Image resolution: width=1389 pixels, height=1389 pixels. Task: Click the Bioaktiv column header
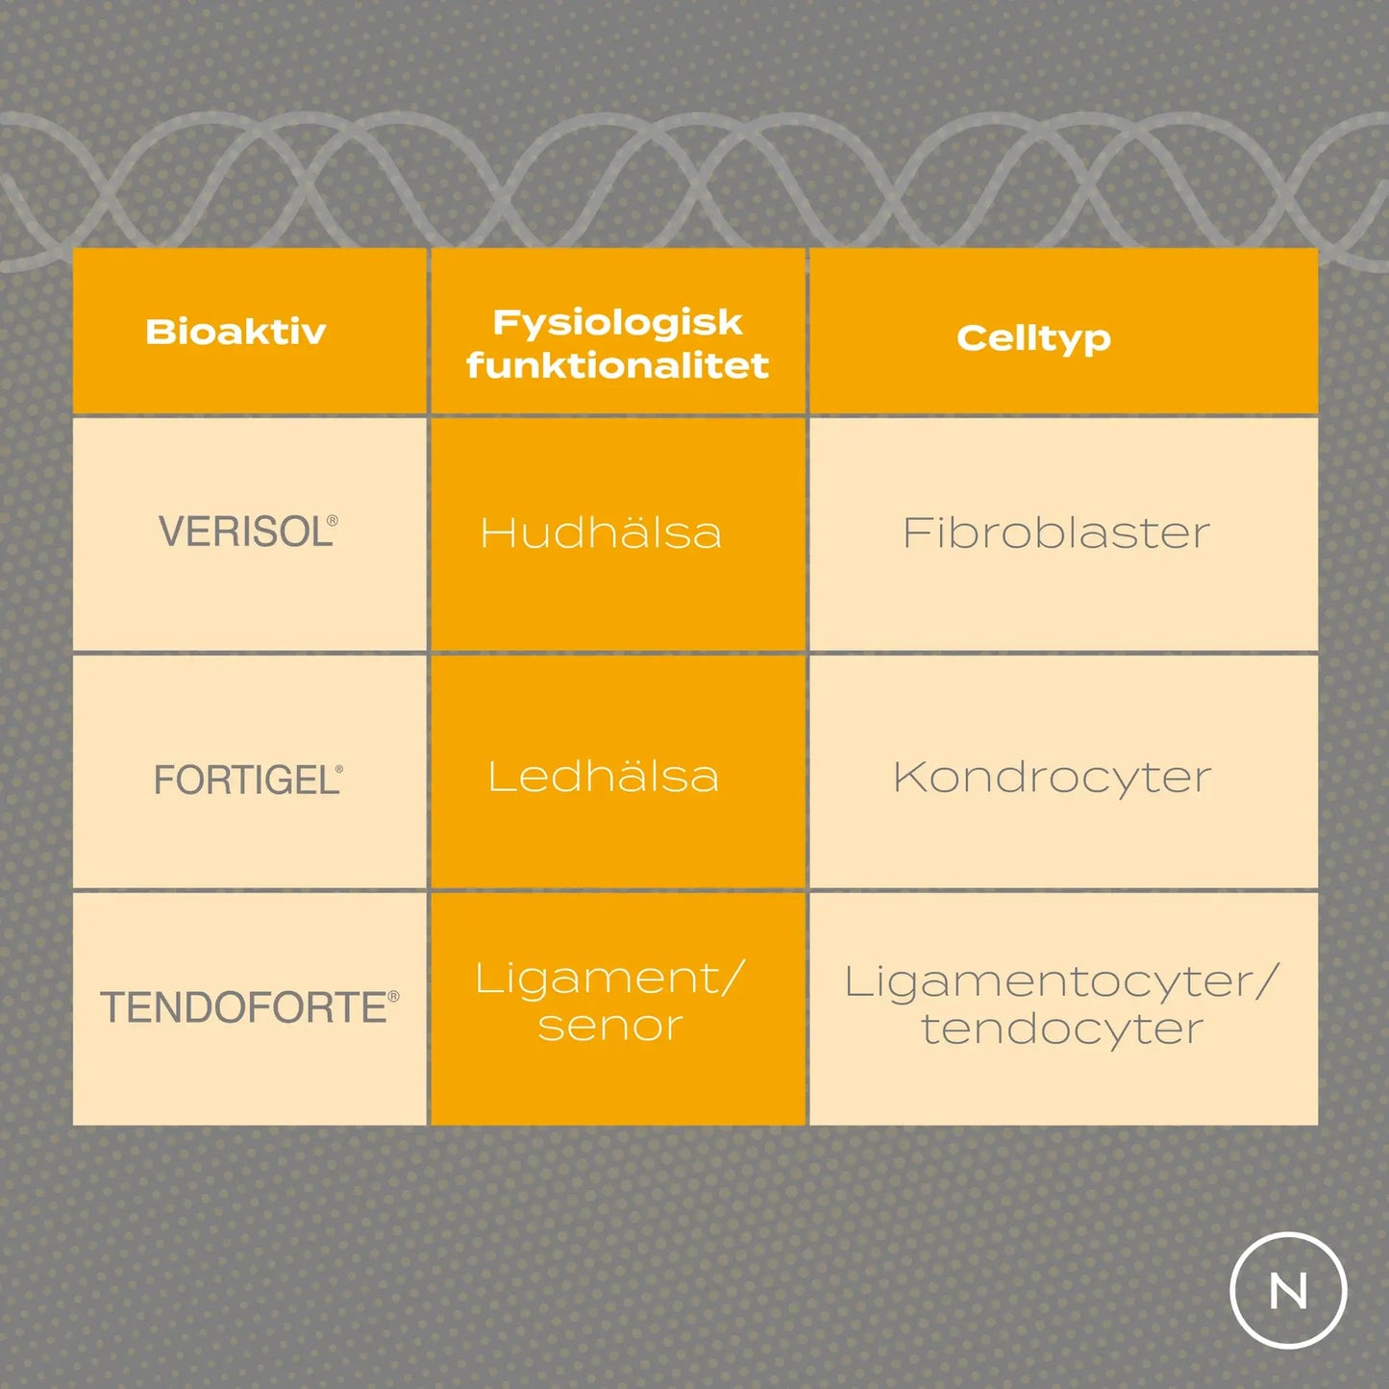click(x=236, y=332)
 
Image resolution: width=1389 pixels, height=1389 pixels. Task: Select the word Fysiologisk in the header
click(x=617, y=323)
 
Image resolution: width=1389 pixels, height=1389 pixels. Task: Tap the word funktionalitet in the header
click(x=617, y=365)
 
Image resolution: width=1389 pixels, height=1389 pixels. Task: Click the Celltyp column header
click(x=1033, y=337)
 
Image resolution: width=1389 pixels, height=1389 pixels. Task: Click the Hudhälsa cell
click(x=601, y=533)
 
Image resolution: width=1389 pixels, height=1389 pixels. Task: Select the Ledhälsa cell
click(x=603, y=777)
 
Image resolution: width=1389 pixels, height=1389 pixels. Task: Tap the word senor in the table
click(x=610, y=1026)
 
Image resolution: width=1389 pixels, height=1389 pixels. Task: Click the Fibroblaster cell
click(x=1055, y=533)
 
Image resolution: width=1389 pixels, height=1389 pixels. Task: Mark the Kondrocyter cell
click(x=1052, y=777)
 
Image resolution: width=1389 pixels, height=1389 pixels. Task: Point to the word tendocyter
click(x=1062, y=1029)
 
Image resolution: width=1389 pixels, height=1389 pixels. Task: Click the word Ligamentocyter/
click(x=1062, y=981)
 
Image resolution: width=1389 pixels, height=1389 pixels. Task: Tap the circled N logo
click(x=1288, y=1290)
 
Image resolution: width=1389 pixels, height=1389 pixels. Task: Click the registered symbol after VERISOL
click(x=333, y=520)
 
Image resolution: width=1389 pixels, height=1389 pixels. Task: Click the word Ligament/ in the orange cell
click(x=610, y=980)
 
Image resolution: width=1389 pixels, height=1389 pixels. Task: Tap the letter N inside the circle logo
click(x=1288, y=1291)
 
